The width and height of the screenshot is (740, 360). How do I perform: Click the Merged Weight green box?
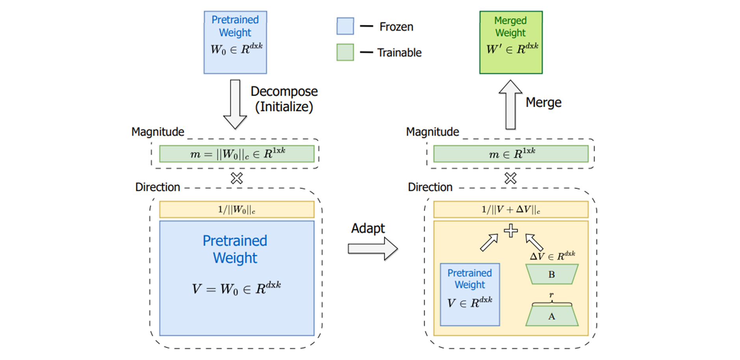(511, 42)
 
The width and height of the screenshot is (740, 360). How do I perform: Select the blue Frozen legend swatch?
(345, 26)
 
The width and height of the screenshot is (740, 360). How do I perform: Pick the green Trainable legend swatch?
(345, 52)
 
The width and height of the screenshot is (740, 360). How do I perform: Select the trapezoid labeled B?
(552, 274)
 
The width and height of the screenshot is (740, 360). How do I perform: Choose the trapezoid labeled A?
(552, 316)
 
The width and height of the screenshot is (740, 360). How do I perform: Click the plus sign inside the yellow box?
(511, 231)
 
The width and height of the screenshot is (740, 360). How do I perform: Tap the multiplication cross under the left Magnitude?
(237, 178)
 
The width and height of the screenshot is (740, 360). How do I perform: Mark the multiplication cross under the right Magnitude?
(511, 178)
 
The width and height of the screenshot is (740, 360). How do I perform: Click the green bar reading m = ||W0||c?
(237, 154)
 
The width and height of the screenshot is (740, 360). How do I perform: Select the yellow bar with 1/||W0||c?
(237, 209)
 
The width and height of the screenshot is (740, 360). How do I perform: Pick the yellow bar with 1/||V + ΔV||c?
(511, 209)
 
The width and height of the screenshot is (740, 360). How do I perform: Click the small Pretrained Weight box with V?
(470, 294)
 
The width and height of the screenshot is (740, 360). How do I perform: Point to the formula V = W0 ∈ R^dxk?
(236, 288)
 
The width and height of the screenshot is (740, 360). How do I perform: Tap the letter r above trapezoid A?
(551, 295)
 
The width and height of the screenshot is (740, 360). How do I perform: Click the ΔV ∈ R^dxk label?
(552, 256)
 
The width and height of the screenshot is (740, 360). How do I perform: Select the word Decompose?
(284, 91)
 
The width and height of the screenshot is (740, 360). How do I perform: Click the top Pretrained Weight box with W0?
(235, 42)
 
